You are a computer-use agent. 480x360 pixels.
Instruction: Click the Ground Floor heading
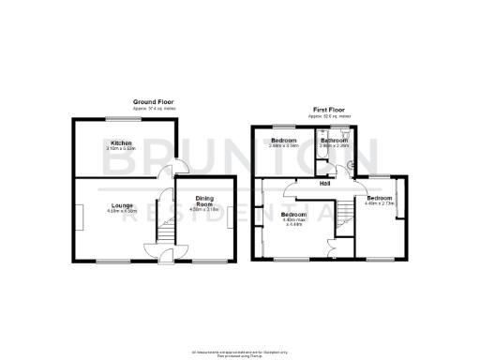[153, 103]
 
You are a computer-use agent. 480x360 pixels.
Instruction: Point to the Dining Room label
[204, 201]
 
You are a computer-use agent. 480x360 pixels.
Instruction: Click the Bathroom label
[334, 141]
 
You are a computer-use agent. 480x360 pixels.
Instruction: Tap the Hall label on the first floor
[324, 183]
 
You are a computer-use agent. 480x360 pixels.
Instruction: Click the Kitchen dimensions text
[121, 149]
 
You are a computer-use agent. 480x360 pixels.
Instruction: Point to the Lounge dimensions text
[122, 211]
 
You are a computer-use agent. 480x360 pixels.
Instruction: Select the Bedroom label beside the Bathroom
[283, 141]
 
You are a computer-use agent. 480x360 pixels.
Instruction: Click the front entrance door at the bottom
[164, 254]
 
